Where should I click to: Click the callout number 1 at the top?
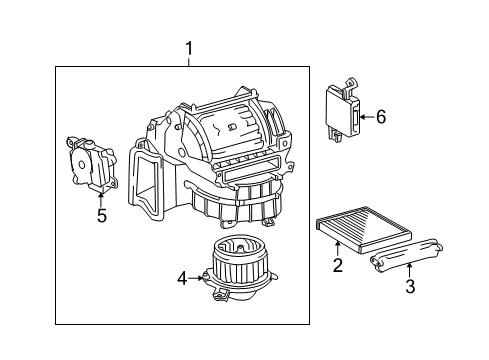click(187, 47)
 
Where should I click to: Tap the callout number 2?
click(338, 265)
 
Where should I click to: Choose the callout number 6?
click(380, 116)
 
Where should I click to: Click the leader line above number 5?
click(100, 196)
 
